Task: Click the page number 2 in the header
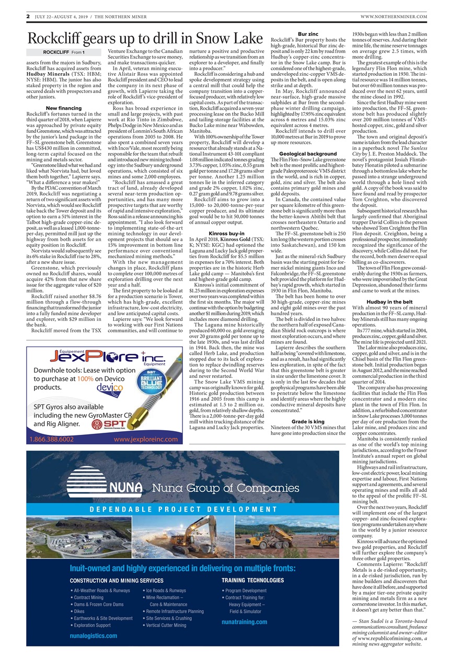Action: (28, 17)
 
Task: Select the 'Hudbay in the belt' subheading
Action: (389, 302)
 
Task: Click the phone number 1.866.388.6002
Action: (52, 440)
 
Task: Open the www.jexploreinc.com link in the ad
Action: (146, 440)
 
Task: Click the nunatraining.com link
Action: (244, 621)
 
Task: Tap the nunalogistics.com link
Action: (93, 636)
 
